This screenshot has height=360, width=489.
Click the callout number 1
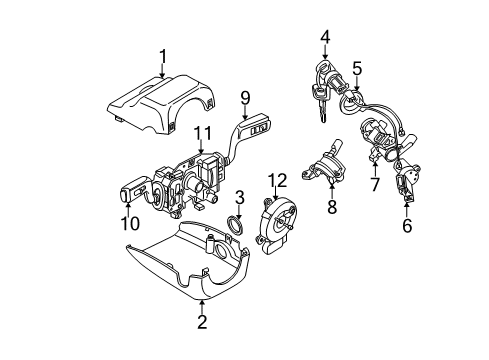[x=163, y=57]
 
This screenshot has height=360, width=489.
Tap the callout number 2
[x=202, y=322]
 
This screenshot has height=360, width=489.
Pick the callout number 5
[x=356, y=70]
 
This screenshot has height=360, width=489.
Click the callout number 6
[x=408, y=227]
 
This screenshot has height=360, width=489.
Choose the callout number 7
[x=375, y=187]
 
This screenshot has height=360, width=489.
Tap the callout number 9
[x=243, y=97]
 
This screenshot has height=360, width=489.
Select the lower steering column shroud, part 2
[x=190, y=270]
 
